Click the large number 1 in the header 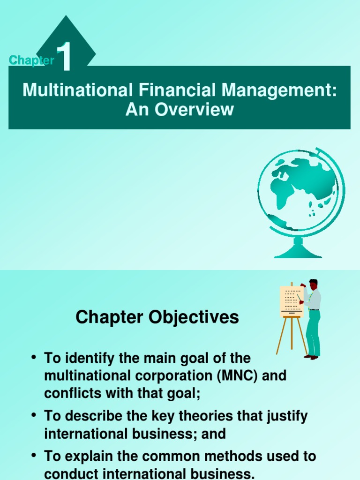click(64, 58)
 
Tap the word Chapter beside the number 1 click(31, 60)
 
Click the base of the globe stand click(298, 253)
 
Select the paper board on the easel click(291, 301)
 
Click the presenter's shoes click(311, 357)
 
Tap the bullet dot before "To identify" click(33, 358)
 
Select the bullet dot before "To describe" click(33, 415)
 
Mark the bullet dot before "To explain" click(33, 455)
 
